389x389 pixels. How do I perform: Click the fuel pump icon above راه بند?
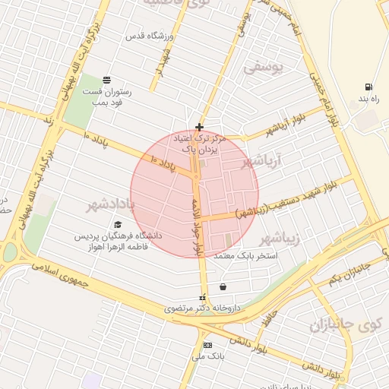click(x=368, y=87)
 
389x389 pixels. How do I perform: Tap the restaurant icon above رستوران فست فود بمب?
click(x=106, y=80)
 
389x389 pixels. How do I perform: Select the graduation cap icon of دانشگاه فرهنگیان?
click(x=118, y=224)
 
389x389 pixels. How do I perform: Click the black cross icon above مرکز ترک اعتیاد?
click(x=199, y=127)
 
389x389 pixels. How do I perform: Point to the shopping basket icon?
click(x=223, y=287)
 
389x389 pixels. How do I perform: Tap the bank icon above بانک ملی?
click(x=207, y=345)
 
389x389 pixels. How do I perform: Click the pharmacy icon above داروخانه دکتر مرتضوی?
click(x=202, y=298)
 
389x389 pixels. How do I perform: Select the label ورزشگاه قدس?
click(x=151, y=36)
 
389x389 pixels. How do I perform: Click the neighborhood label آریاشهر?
click(x=261, y=162)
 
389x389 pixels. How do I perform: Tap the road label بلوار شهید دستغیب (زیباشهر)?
click(x=293, y=200)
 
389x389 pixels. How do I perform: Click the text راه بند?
click(x=369, y=100)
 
